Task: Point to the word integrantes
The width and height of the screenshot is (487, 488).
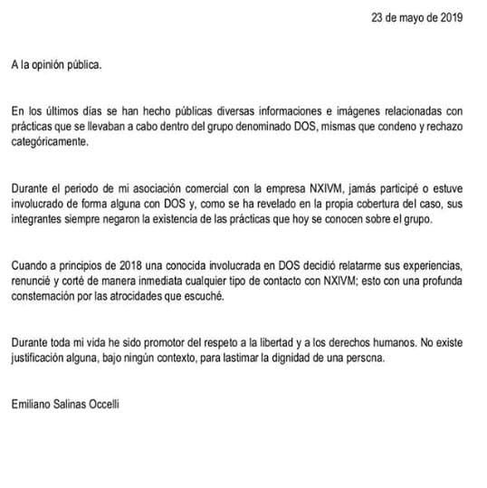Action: coord(38,220)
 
